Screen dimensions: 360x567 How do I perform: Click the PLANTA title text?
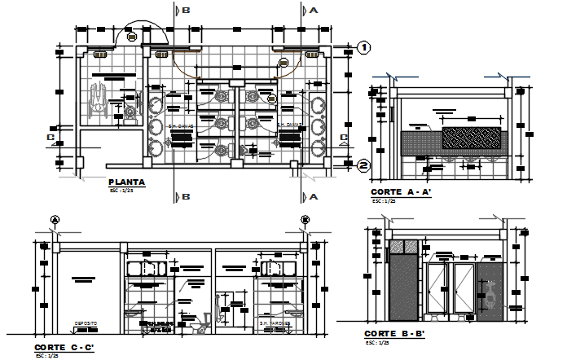[126, 182]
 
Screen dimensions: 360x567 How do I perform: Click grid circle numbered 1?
[365, 48]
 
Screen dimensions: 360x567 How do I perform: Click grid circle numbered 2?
[365, 166]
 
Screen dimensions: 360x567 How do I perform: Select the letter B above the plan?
[186, 11]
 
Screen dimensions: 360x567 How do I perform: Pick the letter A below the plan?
[312, 197]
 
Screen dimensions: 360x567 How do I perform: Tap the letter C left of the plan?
[51, 138]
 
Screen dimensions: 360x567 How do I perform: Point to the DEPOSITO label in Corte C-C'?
[86, 323]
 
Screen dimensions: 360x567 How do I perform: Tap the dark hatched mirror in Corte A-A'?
[471, 138]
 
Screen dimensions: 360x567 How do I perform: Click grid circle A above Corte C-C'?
[55, 219]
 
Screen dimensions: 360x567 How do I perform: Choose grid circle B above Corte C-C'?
[305, 219]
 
